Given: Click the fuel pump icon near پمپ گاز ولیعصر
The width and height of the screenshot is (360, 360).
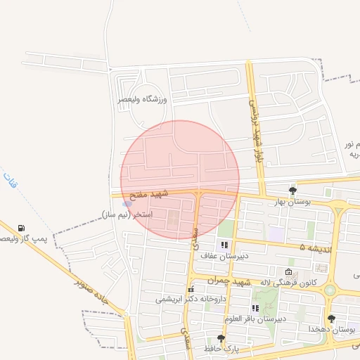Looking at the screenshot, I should [22, 229].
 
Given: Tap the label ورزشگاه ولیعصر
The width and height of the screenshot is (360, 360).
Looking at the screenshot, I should [143, 100].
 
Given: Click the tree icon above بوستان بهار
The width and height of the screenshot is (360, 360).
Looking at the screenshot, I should [292, 190].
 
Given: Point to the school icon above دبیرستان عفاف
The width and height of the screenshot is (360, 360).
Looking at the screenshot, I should [224, 245].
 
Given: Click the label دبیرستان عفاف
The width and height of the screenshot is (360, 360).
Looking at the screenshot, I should [220, 256].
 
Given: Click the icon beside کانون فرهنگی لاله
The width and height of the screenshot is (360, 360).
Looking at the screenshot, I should [288, 272].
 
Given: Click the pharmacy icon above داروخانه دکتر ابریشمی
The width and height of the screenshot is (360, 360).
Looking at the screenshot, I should [191, 289].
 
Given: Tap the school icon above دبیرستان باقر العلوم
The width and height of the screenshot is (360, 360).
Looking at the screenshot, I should [255, 308].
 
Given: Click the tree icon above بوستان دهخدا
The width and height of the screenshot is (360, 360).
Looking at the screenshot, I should [331, 319].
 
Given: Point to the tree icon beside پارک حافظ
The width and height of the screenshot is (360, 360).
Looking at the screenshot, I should [221, 338].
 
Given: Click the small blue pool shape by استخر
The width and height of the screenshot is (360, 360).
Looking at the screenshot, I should [127, 204].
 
